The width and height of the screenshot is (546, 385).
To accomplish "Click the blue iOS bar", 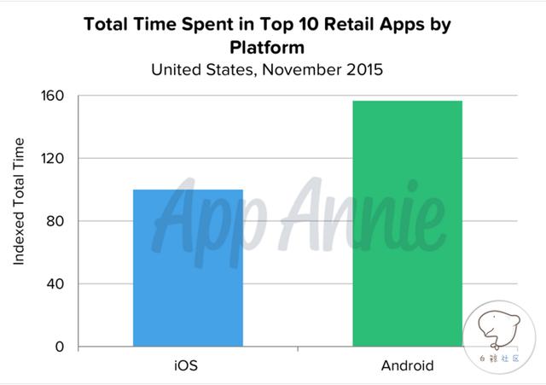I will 188,268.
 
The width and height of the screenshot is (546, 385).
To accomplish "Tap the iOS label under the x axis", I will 187,365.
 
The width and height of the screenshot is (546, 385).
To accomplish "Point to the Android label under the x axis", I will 407,365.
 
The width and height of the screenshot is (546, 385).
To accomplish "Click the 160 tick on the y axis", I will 53,96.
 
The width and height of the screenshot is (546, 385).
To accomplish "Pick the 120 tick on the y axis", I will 53,159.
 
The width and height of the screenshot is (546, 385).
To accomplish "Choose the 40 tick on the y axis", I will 55,284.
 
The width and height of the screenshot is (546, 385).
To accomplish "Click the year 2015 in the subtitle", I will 362,69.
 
